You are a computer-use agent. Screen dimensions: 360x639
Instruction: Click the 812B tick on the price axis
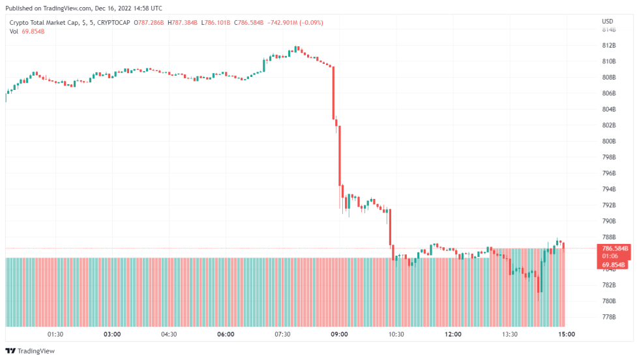[x=609, y=45]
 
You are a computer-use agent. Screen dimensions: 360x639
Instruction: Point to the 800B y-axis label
[x=609, y=141]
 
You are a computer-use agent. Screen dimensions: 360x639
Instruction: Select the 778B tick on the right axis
[x=609, y=317]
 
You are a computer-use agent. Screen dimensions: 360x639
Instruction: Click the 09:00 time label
[x=339, y=334]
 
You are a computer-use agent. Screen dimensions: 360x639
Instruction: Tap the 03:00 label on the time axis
[x=112, y=334]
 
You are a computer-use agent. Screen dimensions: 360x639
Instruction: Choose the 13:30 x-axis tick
[x=509, y=334]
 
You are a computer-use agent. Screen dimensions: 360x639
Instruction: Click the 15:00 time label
[x=566, y=334]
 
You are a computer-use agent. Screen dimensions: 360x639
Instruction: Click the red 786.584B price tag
[x=614, y=248]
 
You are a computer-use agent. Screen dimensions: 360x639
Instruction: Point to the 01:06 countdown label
[x=610, y=256]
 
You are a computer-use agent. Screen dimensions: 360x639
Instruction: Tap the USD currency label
[x=607, y=22]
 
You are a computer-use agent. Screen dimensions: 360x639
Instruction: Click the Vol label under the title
[x=14, y=31]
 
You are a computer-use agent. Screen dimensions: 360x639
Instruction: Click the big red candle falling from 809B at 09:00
[x=333, y=91]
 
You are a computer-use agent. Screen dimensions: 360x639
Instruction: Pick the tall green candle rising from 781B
[x=541, y=277]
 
